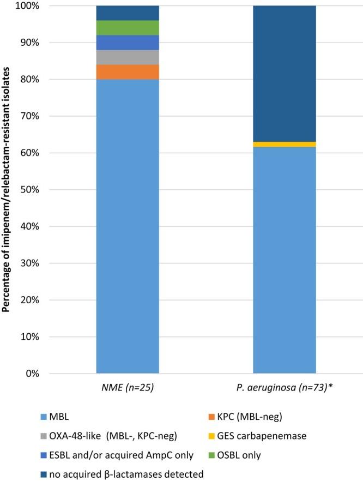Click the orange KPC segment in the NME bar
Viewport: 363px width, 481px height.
[x=128, y=72]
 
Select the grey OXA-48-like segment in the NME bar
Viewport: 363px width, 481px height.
[x=128, y=57]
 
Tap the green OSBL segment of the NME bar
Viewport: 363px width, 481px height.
[x=128, y=28]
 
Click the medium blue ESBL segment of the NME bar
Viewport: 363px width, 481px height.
[x=128, y=43]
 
